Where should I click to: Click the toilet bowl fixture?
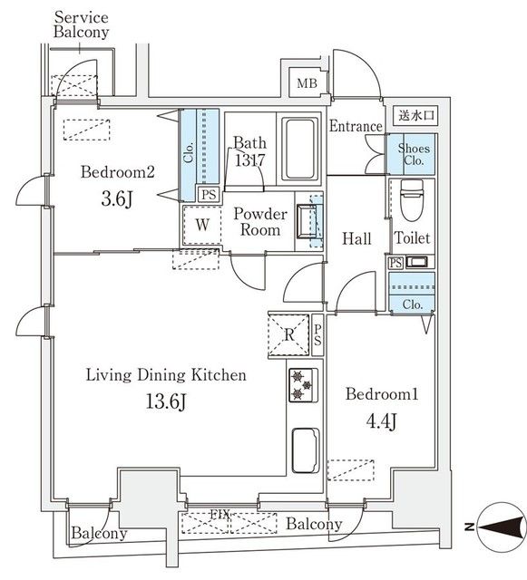point(412,199)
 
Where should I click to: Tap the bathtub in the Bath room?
point(300,149)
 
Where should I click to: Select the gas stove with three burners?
point(303,385)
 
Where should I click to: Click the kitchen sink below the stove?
point(306,450)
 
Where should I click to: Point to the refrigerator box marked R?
point(288,335)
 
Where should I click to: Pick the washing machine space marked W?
point(202,225)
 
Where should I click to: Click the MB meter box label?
point(307,82)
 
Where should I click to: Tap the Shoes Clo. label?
point(414,154)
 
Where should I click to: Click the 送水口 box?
point(416,115)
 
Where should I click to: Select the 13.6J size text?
point(166,401)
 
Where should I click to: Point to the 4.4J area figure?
point(382,420)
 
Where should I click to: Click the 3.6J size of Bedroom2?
point(117,199)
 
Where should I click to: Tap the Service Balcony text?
point(82,24)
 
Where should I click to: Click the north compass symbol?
point(501,527)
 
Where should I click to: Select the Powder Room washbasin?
point(307,221)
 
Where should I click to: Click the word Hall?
point(356,238)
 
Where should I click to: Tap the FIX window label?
point(220,514)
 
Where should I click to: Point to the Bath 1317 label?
point(250,151)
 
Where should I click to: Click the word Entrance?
point(356,126)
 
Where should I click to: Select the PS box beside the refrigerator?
point(317,335)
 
